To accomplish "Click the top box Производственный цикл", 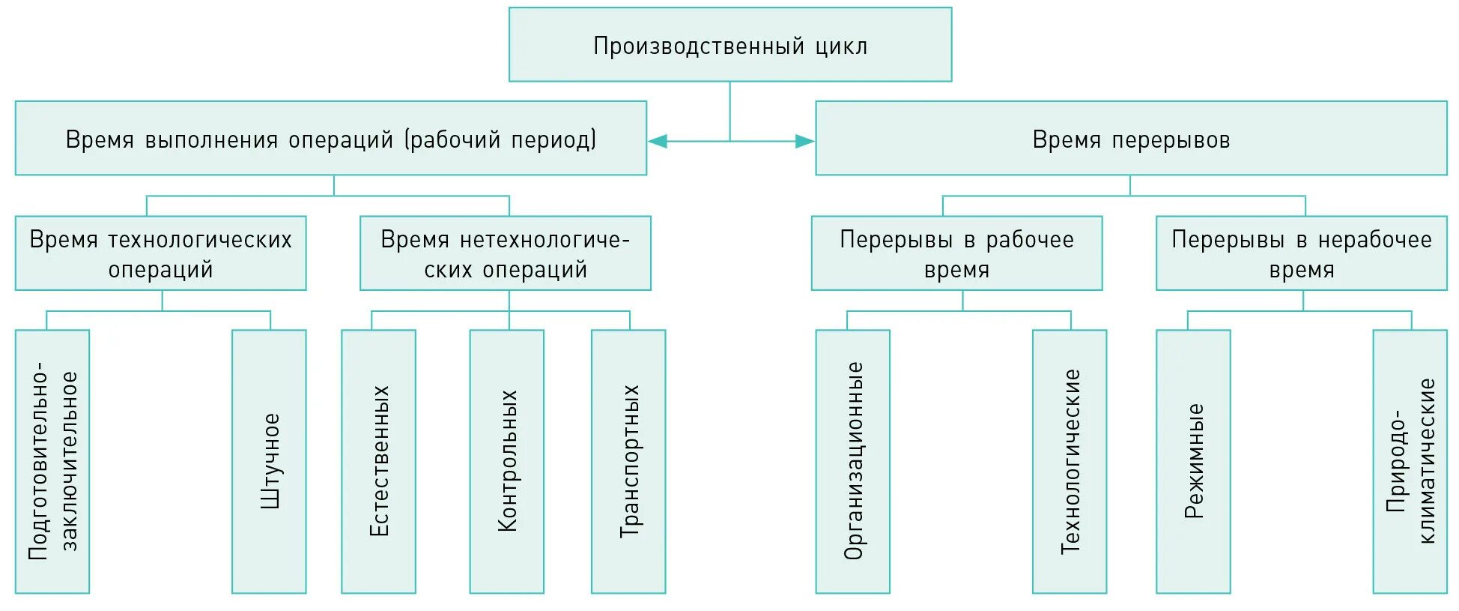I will (729, 45).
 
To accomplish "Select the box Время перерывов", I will (1130, 139).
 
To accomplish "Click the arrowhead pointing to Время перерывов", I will (804, 141).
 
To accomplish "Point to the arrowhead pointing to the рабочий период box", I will (658, 141).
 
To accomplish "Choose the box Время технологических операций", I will (160, 253).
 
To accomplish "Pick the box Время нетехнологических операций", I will (505, 253).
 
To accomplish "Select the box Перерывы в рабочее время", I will (956, 253).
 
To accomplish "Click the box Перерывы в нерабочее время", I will (1301, 253).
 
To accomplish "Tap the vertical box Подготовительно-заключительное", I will (52, 461).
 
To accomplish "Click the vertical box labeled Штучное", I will (269, 461).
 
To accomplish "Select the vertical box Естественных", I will (378, 461).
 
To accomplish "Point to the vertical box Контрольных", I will (506, 461).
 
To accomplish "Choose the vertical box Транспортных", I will (628, 461).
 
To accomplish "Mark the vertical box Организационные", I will (852, 461).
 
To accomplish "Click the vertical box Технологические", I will (1070, 461).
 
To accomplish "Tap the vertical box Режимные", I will (1193, 461).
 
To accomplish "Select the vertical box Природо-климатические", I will (1410, 461).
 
